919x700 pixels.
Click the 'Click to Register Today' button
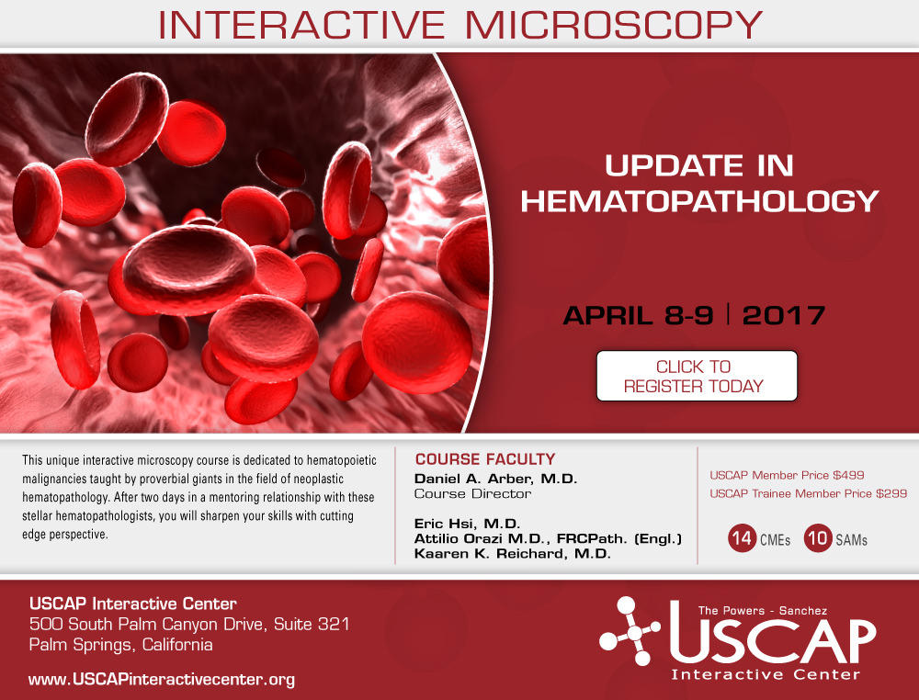tap(697, 376)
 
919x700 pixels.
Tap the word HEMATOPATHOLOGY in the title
tap(699, 201)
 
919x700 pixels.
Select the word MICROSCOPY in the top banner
tap(614, 25)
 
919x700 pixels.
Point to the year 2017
tap(784, 315)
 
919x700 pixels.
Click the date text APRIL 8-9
tap(639, 315)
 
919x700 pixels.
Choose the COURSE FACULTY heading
tap(484, 459)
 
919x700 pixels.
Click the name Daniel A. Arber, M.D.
tap(496, 480)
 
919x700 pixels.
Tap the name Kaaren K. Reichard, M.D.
tap(512, 554)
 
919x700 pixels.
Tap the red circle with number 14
tap(742, 537)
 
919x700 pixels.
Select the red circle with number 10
tap(818, 537)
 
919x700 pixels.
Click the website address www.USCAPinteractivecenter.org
tap(162, 680)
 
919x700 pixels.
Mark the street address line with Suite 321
tap(189, 624)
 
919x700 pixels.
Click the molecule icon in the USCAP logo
tap(630, 631)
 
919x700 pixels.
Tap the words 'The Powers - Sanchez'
tap(763, 610)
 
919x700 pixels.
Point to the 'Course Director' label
tap(472, 494)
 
